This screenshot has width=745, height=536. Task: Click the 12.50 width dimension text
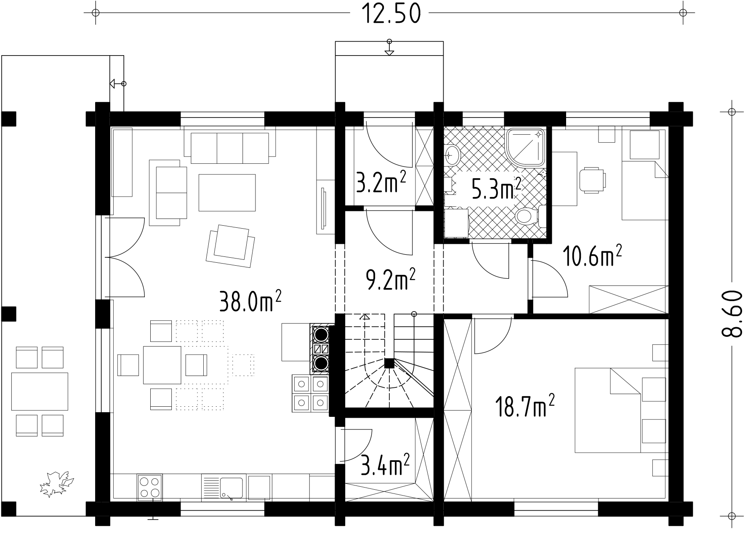coord(390,14)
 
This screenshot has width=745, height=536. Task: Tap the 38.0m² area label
coord(250,300)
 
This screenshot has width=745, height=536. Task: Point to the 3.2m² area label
coord(381,182)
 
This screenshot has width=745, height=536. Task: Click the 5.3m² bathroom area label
coord(496,188)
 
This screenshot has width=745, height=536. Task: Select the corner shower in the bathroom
coord(527,147)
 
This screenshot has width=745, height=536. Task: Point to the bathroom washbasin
coord(452,155)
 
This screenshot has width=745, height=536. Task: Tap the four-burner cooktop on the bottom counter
coord(150,488)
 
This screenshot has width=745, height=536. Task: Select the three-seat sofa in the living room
coord(230,148)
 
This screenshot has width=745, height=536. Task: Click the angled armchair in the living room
coord(230,246)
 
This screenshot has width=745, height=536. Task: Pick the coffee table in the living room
coord(227,192)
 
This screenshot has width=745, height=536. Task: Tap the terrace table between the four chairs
coord(40,391)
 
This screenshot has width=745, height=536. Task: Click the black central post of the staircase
coord(389,363)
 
